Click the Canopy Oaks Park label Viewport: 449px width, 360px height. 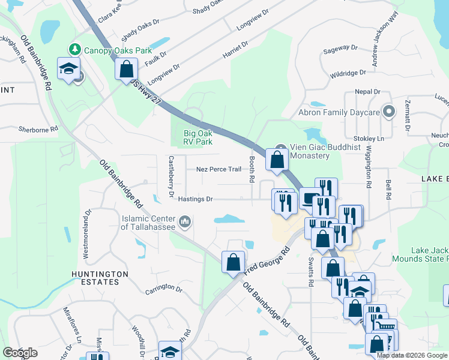pos(118,50)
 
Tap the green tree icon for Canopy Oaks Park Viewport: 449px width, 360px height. pos(75,49)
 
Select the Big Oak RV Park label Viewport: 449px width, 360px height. pos(197,138)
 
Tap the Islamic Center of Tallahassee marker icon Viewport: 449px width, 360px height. pos(185,223)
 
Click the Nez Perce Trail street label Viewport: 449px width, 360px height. pos(218,169)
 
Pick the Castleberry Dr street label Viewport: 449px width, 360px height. pos(172,177)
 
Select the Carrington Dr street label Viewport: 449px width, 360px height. pos(163,289)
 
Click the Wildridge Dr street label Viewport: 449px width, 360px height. pos(348,73)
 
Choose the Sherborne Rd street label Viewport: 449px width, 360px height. pos(38,129)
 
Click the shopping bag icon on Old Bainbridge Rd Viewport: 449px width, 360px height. pos(233,262)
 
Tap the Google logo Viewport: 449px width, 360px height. pos(19,353)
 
